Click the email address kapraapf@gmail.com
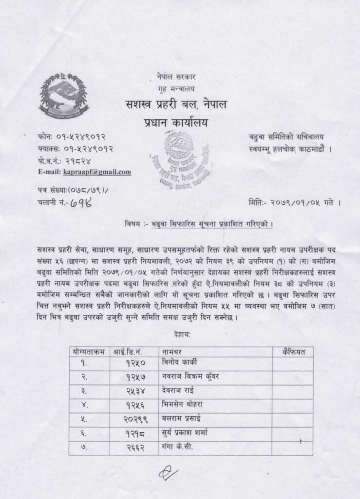pyautogui.click(x=97, y=172)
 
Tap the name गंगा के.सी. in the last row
pyautogui.click(x=178, y=446)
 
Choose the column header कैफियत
pyautogui.click(x=292, y=350)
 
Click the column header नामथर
pyautogui.click(x=173, y=350)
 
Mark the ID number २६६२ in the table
pyautogui.click(x=136, y=447)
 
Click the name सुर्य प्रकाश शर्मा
pyautogui.click(x=187, y=433)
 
